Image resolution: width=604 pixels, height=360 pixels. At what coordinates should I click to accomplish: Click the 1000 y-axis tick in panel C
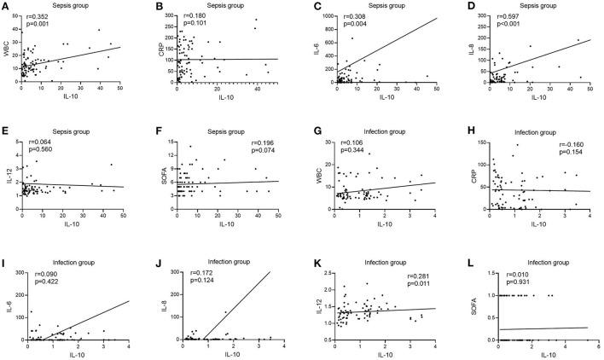coord(324,18)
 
